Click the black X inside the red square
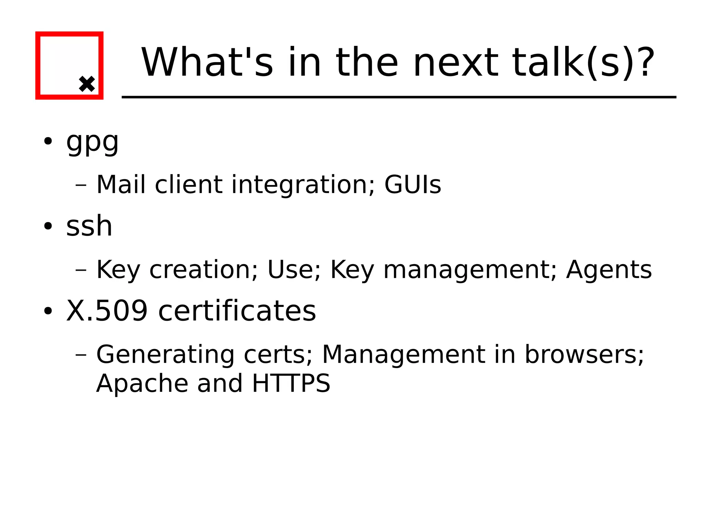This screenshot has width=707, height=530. [87, 84]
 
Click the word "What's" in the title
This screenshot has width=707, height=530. [207, 62]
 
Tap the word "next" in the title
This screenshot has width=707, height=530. [456, 62]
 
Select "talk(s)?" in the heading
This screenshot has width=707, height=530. [583, 62]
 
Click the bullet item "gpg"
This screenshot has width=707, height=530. [93, 142]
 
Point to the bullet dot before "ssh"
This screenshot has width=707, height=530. [48, 226]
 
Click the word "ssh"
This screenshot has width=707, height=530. [89, 226]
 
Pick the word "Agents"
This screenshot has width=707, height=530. [609, 269]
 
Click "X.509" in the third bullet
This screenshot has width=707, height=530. [107, 311]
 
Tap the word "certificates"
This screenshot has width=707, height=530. [237, 311]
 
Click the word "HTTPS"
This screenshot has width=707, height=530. [291, 383]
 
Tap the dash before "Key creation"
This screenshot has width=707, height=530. [81, 270]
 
